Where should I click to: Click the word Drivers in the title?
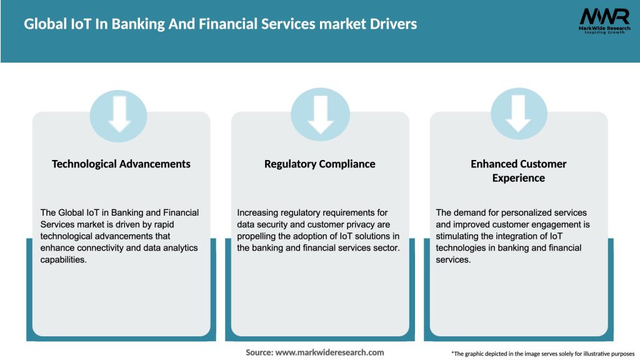point(391,25)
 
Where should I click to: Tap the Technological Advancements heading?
point(121,164)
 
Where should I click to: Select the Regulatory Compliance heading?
point(320,164)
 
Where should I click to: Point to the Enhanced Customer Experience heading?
point(518,171)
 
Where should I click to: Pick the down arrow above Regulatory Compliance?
point(320,113)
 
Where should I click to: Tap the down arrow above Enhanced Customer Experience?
point(518,113)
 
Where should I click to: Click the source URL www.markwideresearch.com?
point(329,352)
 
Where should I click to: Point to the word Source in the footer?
point(259,352)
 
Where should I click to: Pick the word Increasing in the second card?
point(258,212)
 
